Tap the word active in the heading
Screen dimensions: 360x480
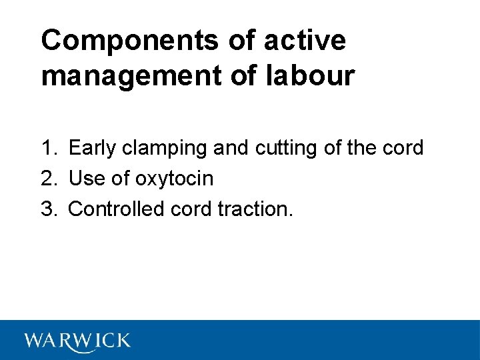point(305,40)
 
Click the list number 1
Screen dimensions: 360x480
point(47,147)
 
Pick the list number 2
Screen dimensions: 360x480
point(47,178)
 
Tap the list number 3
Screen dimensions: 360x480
point(47,209)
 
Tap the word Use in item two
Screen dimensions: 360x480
point(84,178)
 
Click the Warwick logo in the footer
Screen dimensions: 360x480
point(77,341)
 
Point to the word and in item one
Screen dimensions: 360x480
point(231,147)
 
